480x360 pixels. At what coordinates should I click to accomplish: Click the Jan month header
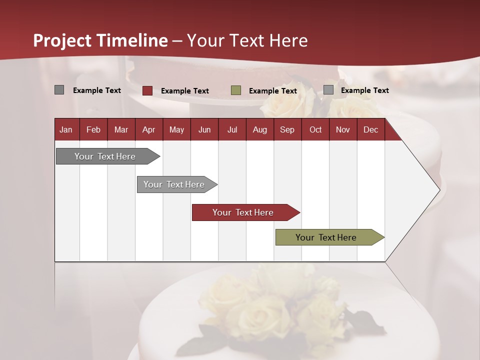(x=66, y=130)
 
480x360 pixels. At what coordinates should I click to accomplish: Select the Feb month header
(x=93, y=130)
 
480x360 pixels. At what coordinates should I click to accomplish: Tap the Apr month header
(x=148, y=130)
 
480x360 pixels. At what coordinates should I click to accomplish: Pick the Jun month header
(x=204, y=130)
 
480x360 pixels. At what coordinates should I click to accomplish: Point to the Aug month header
(x=259, y=130)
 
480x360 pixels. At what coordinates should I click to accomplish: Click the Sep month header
(x=287, y=130)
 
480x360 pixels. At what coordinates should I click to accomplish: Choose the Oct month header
(x=315, y=130)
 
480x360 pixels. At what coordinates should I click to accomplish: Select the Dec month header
(x=370, y=130)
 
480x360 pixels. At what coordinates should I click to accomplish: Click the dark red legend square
(x=147, y=90)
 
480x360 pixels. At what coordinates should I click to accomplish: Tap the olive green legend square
(x=236, y=90)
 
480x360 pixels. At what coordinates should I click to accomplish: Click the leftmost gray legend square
(x=59, y=90)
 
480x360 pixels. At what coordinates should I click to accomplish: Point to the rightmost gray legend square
(x=328, y=90)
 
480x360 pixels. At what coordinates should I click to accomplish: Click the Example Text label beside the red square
(x=185, y=91)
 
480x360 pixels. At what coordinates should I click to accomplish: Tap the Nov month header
(x=343, y=130)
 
